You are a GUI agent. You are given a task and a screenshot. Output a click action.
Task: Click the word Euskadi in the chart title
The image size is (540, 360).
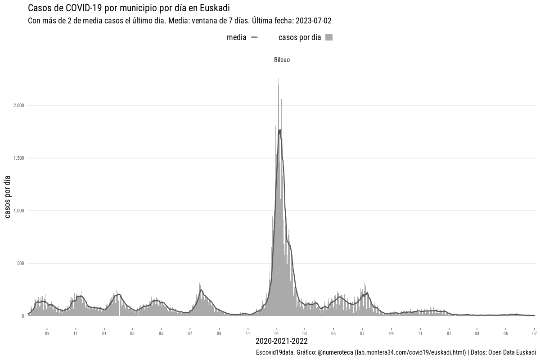(x=215, y=8)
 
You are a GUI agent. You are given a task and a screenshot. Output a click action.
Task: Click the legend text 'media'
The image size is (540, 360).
(x=236, y=37)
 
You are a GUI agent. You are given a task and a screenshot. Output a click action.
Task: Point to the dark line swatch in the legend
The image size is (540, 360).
(x=254, y=37)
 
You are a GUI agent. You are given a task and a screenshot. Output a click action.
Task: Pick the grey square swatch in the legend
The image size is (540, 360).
(x=329, y=37)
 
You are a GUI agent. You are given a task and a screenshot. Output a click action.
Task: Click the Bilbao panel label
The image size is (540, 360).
(x=282, y=60)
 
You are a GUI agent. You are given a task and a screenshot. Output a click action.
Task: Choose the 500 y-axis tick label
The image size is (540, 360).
(x=20, y=263)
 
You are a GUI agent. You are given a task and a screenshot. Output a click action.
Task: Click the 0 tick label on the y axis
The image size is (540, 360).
(x=22, y=316)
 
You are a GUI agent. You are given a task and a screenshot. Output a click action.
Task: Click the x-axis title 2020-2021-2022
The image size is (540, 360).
(x=282, y=341)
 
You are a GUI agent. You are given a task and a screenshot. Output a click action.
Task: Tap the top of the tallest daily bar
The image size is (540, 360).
(x=279, y=78)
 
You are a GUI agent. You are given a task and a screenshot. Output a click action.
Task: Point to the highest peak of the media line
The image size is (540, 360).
(x=280, y=130)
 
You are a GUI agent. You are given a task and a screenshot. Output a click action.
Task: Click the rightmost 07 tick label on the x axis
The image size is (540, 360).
(x=534, y=334)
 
